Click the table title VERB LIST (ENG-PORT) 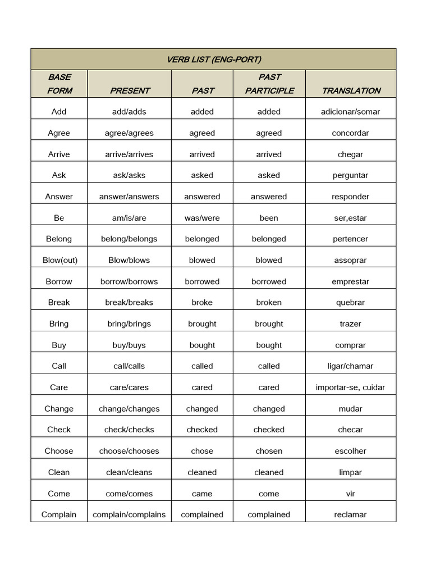tap(214, 60)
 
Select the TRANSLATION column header tap(351, 90)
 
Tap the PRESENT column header tap(130, 90)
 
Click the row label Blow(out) tap(59, 260)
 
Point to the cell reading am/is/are tap(129, 218)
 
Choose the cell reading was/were tap(202, 218)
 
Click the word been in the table tap(269, 218)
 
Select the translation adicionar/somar tap(350, 112)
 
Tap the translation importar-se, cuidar tap(350, 387)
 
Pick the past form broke tap(202, 303)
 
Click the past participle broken tap(269, 303)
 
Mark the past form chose tap(202, 451)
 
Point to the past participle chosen tap(269, 451)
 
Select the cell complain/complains tap(129, 514)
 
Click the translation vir tap(350, 494)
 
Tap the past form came tap(202, 494)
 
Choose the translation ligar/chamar tap(350, 366)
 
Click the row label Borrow tap(59, 281)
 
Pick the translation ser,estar tap(350, 218)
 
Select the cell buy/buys tap(129, 345)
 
